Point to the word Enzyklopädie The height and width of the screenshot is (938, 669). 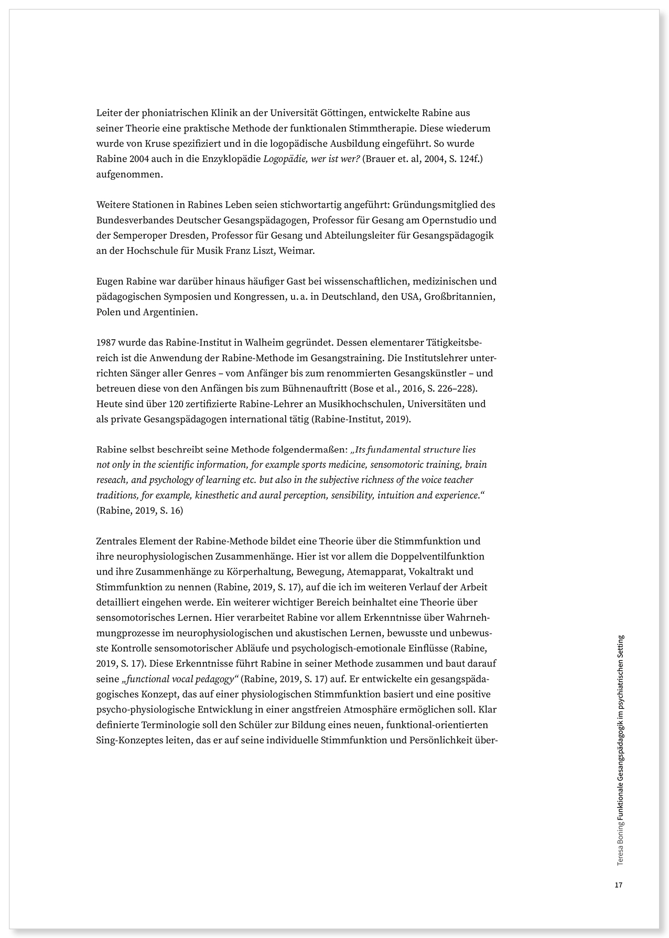point(234,159)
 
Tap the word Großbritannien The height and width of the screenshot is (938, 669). point(460,297)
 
